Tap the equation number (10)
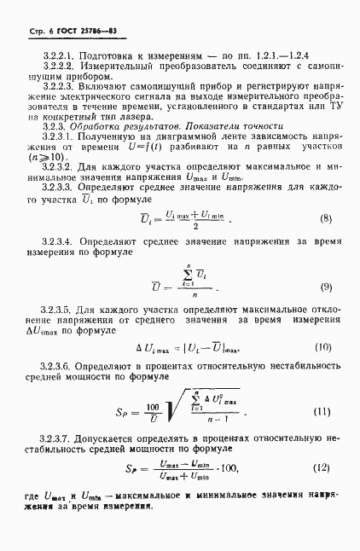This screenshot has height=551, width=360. click(322, 347)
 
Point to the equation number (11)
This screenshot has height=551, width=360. click(322, 412)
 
